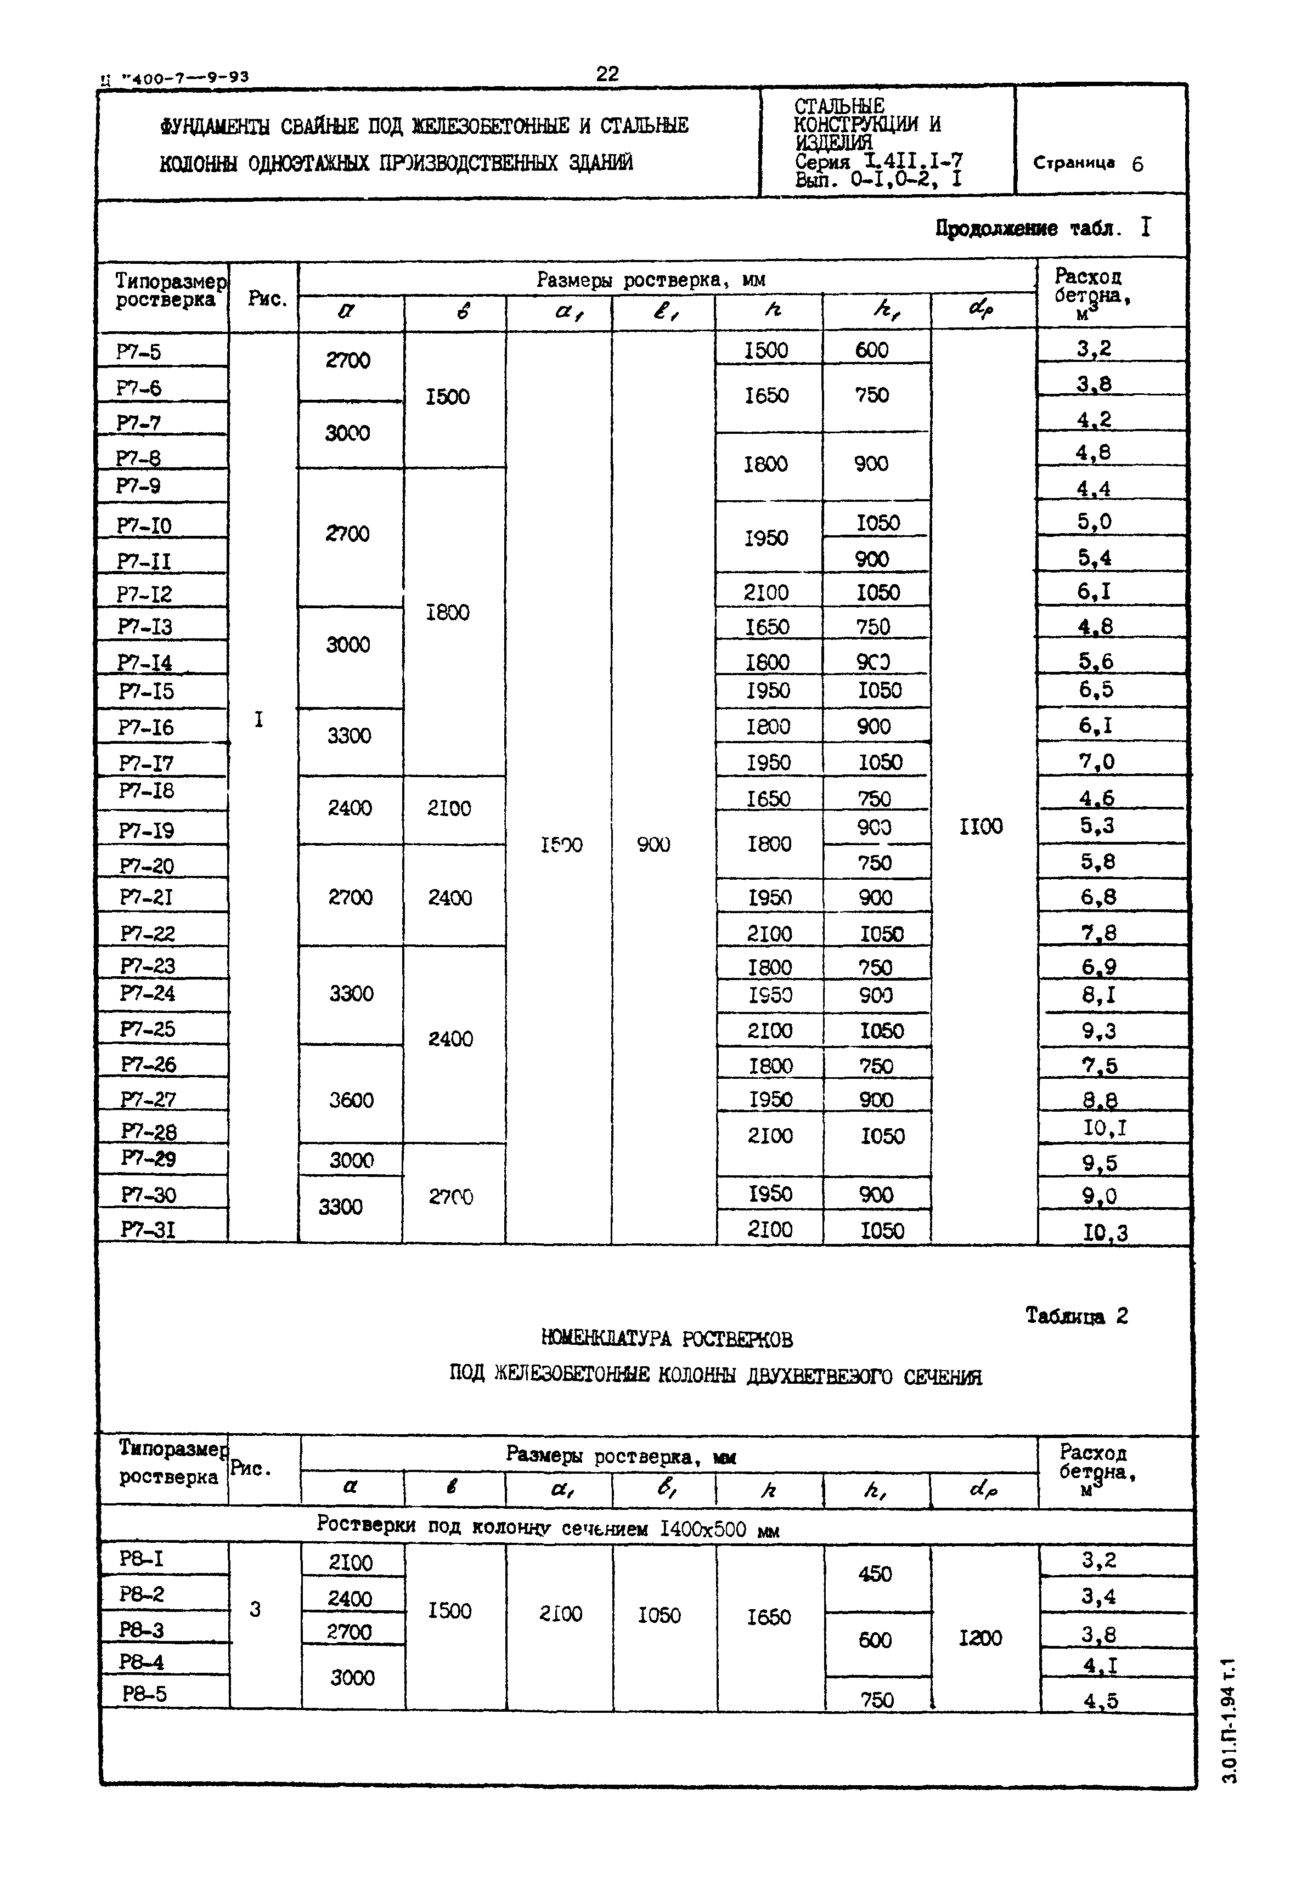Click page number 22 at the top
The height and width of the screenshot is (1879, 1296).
(x=607, y=74)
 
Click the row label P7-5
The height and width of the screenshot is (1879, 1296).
(x=138, y=352)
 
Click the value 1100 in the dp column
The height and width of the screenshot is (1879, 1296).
(x=981, y=827)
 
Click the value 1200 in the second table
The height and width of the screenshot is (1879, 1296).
(x=980, y=1638)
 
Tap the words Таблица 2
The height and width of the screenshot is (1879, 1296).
(x=1076, y=1316)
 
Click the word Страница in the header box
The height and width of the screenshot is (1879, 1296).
(x=1073, y=162)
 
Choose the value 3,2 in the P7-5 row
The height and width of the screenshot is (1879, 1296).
(x=1094, y=349)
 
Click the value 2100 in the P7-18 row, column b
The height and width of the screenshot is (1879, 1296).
(x=449, y=808)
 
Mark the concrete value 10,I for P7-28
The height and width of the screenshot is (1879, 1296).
(x=1105, y=1128)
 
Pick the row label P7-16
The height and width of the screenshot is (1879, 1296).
(x=145, y=727)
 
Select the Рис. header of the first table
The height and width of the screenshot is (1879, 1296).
(x=267, y=299)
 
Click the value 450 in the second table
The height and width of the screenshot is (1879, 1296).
(x=875, y=1574)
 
